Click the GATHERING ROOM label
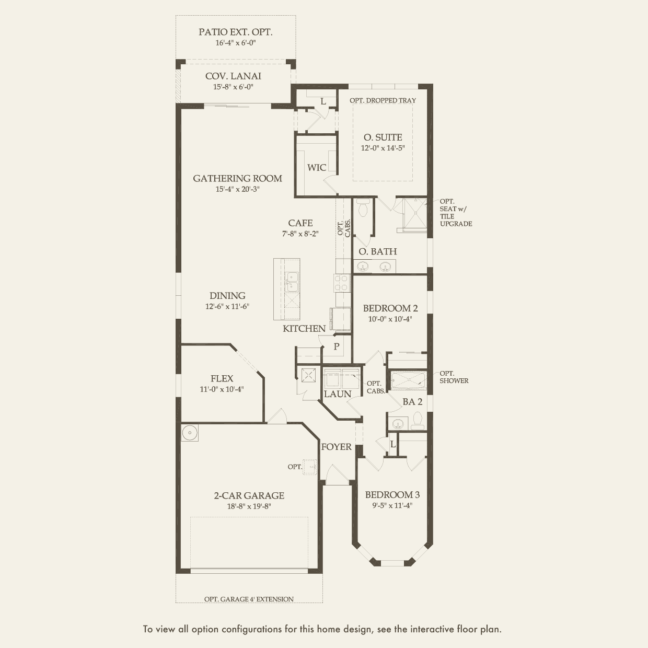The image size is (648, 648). coord(237,178)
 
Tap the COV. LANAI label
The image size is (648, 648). coord(233,76)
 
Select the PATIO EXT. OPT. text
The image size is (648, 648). coord(235,32)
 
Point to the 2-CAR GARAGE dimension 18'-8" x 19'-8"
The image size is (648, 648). coord(249,506)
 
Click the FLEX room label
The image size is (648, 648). coord(222,379)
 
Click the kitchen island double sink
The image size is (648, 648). coord(292,282)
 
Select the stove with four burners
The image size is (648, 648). coord(342,283)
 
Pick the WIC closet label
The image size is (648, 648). coord(317,167)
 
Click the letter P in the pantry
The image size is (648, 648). coord(336,346)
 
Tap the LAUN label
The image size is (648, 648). coord(338,394)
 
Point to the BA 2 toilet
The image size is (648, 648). coord(418,421)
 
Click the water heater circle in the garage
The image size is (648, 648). coord(190,433)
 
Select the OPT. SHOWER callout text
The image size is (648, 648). coord(454,377)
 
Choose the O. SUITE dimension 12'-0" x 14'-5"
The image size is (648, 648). coord(383,148)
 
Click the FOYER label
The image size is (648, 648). coord(336,447)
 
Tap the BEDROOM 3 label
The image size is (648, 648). coord(392,495)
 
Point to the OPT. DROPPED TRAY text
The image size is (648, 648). coord(383,100)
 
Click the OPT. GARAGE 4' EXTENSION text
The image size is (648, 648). coord(249,599)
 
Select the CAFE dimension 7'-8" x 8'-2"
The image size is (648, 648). coord(300,234)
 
